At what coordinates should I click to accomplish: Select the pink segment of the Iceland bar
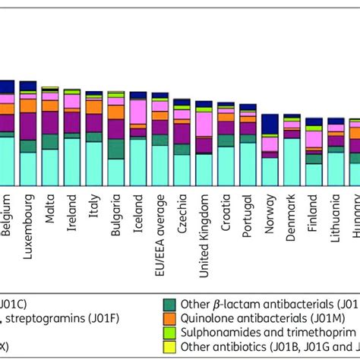click(138, 113)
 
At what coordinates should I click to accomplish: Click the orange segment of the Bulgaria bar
click(116, 112)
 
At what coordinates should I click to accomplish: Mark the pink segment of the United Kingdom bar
click(204, 123)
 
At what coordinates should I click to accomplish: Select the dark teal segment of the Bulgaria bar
click(116, 149)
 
